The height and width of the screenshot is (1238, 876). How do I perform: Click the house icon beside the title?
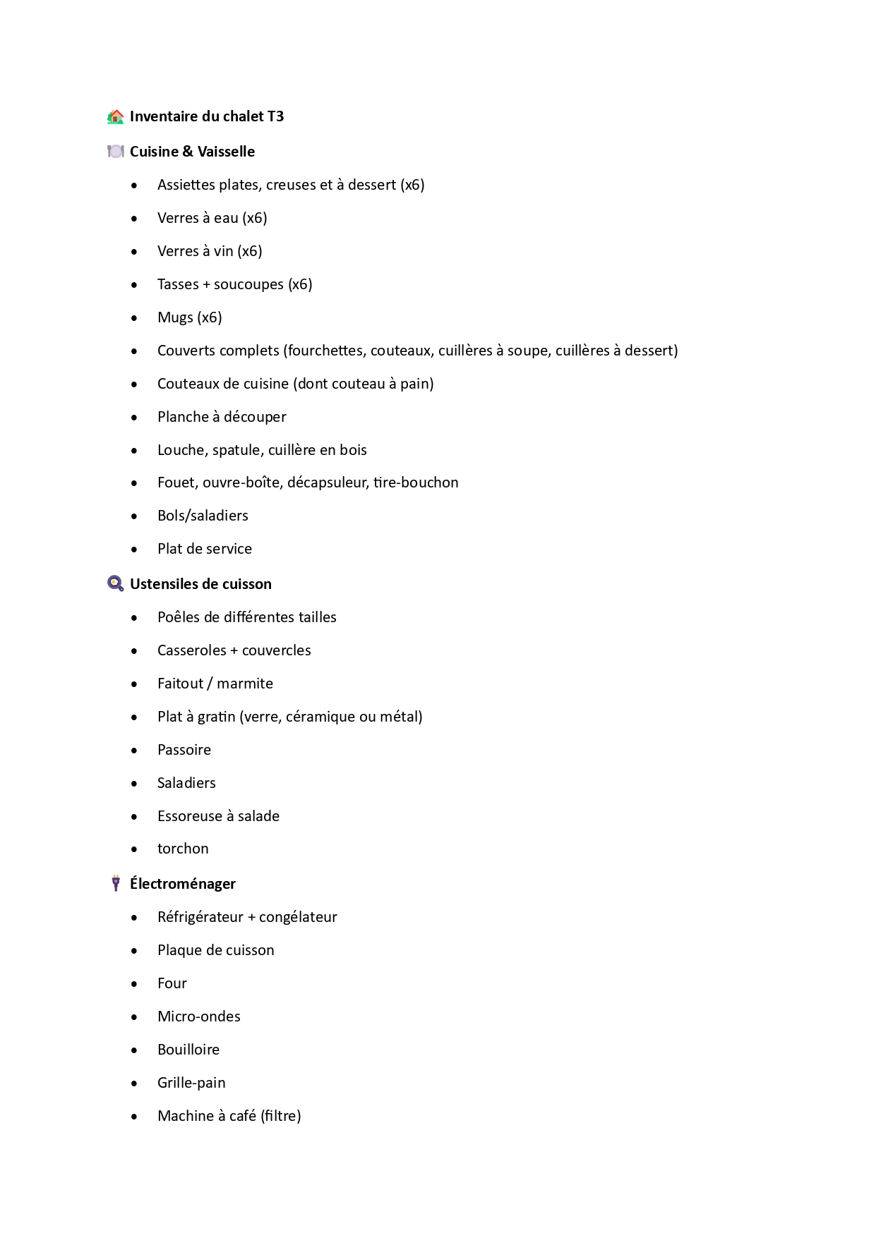point(115,116)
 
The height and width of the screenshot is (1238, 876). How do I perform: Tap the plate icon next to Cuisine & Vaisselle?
point(115,152)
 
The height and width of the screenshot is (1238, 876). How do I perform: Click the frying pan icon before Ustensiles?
point(115,583)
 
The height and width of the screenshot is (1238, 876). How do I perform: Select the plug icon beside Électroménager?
point(116,883)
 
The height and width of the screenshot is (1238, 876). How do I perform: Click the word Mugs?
point(175,317)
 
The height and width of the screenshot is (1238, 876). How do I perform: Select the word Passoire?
point(184,750)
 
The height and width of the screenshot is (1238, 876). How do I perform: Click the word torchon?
point(183,849)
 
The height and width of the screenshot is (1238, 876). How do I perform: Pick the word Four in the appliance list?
point(172,983)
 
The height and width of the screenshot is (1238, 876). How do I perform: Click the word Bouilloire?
point(188,1050)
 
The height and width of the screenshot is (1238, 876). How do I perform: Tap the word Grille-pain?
point(191,1083)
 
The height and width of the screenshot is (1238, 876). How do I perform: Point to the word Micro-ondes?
point(199,1017)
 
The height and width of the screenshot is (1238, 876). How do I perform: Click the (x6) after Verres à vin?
point(250,251)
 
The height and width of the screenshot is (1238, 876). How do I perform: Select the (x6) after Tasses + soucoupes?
point(300,284)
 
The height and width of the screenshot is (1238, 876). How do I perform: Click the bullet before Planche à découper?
point(134,418)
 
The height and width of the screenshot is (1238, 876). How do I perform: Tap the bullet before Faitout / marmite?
point(134,684)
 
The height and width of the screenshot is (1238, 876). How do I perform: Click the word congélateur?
point(298,917)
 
